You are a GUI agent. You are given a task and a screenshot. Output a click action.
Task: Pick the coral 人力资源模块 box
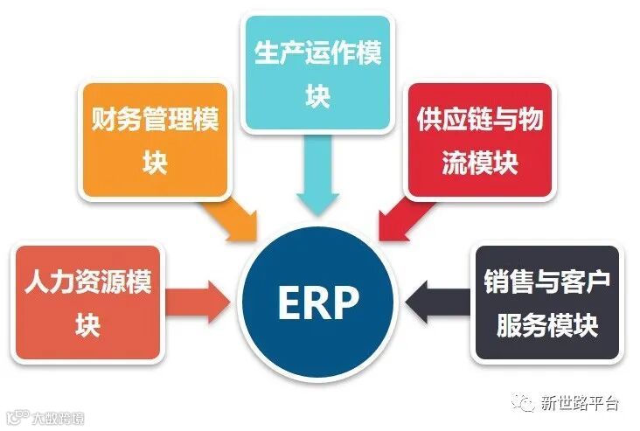pyautogui.click(x=87, y=302)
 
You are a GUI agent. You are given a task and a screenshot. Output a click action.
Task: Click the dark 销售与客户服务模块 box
pyautogui.click(x=546, y=302)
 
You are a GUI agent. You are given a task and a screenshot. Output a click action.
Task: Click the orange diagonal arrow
pyautogui.click(x=233, y=216)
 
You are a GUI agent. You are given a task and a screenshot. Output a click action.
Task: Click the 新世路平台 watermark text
pyautogui.click(x=580, y=404)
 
